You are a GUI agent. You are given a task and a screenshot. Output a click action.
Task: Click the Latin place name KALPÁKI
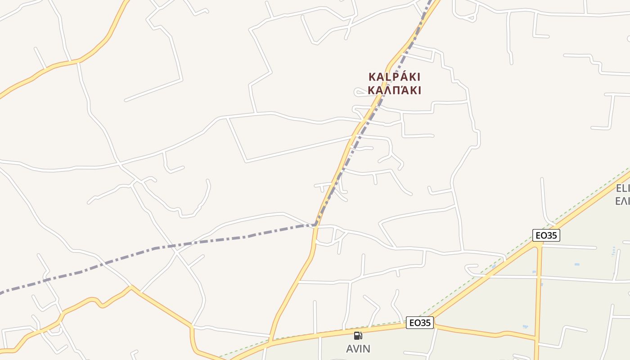click(x=394, y=76)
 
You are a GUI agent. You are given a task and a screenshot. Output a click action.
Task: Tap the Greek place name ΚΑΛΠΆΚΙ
click(x=394, y=90)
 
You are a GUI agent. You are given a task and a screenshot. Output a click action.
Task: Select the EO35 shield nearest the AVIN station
click(x=419, y=323)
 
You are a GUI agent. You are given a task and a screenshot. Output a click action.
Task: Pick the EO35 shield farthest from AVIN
click(x=546, y=235)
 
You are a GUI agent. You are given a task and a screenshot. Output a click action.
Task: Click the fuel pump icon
click(x=358, y=335)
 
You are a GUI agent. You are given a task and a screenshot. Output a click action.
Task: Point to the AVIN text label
click(x=358, y=349)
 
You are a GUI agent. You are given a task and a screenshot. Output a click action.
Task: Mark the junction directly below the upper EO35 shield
click(x=539, y=246)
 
